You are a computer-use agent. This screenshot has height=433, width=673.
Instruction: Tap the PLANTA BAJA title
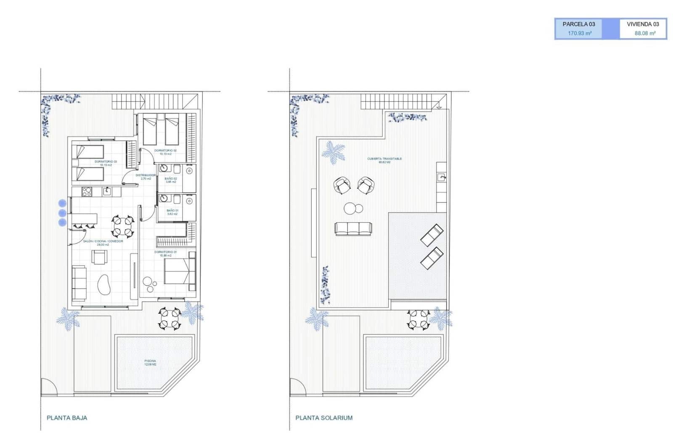coord(67,418)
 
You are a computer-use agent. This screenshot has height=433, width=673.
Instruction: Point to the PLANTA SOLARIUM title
coord(324,418)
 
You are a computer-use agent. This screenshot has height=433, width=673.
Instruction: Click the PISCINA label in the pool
coord(150,361)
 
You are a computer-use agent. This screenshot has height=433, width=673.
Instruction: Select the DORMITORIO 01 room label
coord(165,252)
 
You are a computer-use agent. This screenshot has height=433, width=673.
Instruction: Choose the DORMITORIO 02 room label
coord(165,150)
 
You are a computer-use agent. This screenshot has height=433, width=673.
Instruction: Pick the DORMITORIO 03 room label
coord(106,162)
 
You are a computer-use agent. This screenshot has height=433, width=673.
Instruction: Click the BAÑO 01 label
coord(172,210)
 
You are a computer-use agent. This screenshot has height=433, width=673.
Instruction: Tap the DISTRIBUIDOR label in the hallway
coord(146,175)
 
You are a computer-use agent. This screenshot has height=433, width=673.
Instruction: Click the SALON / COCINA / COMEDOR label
coord(103,241)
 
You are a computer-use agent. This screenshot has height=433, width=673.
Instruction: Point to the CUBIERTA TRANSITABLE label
coord(384,159)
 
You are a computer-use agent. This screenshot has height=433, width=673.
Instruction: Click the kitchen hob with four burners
coord(87,191)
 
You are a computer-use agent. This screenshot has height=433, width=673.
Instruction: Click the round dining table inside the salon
coord(123,226)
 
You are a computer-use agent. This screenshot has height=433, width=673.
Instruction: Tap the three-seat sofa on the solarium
coord(353,228)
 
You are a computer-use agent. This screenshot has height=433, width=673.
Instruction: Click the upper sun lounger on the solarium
coord(432,235)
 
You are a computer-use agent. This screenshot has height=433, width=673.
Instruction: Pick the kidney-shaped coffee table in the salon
coord(104,285)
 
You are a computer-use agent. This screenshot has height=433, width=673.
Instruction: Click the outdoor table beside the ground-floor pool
coord(170,318)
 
